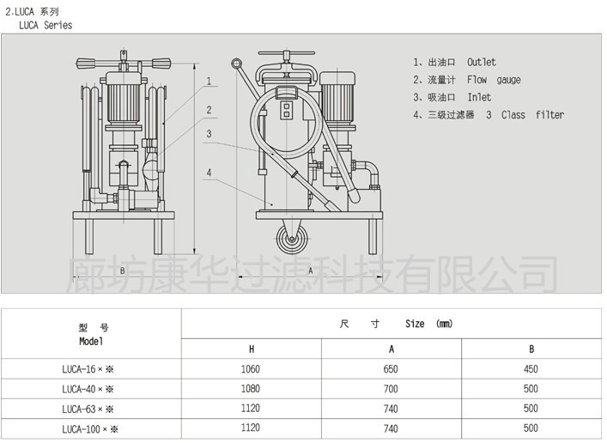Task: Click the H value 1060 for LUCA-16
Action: [252, 369]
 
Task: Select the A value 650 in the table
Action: [392, 369]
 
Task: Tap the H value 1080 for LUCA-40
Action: [252, 389]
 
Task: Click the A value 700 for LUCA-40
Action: [392, 389]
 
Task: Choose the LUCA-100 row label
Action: [89, 428]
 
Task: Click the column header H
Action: [252, 349]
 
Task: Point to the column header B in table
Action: [531, 349]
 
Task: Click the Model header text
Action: [91, 341]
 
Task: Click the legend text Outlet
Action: [482, 63]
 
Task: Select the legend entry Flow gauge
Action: [494, 80]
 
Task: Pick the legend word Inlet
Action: [479, 97]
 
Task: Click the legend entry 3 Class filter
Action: [525, 115]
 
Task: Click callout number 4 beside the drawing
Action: [209, 173]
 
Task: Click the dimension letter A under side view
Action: [310, 270]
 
